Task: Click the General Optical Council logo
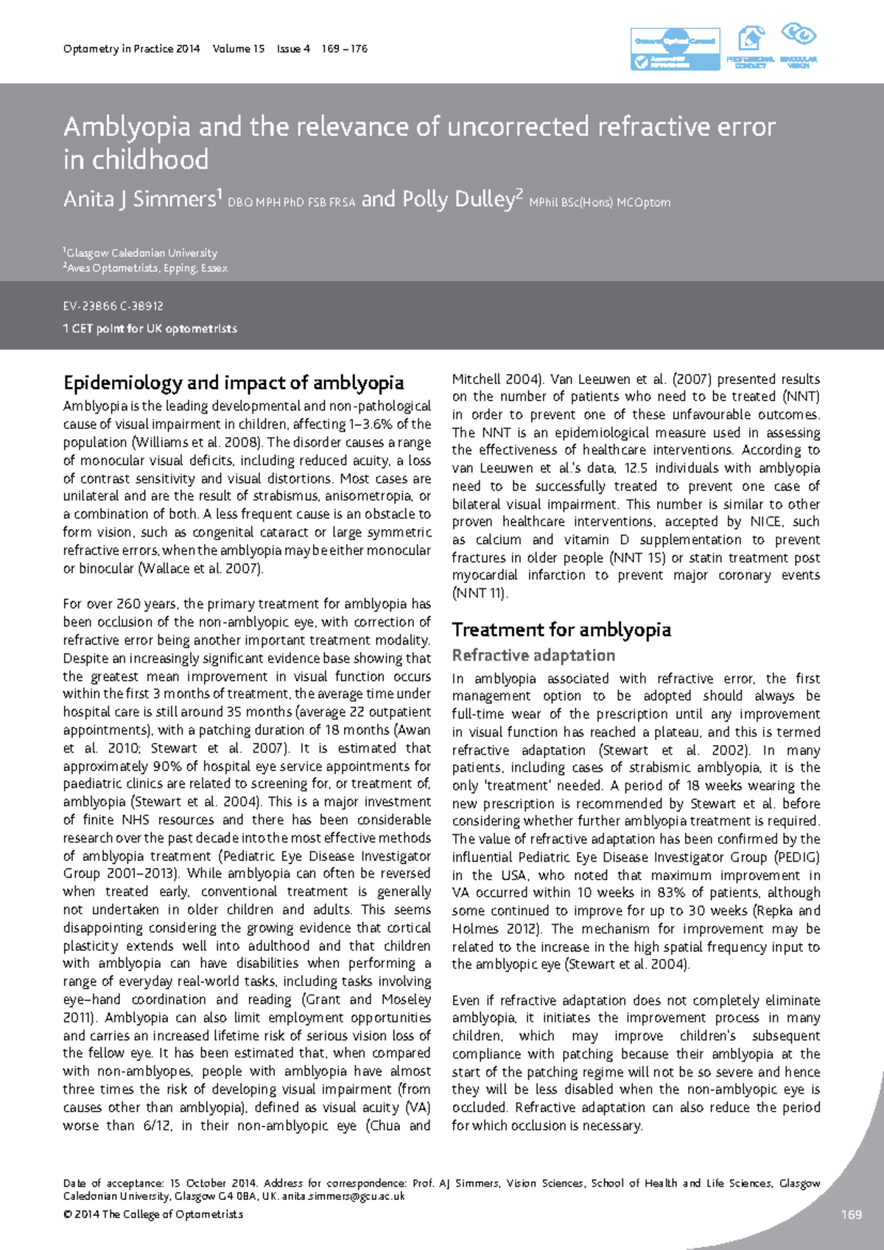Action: point(675,49)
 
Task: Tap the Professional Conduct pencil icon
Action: point(751,38)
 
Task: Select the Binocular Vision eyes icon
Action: point(799,35)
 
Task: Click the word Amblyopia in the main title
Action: point(127,127)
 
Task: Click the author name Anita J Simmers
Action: point(140,200)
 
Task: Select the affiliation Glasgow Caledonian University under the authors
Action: point(141,253)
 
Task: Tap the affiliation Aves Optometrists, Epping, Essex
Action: point(147,268)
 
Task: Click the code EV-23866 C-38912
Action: point(113,306)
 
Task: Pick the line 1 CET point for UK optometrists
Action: point(150,329)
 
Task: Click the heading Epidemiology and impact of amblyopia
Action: point(234,383)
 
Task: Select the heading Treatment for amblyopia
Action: point(561,629)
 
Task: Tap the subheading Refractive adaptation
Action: point(533,655)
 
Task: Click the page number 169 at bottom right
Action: point(851,1215)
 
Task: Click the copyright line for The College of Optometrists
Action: point(153,1214)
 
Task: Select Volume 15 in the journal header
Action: point(238,49)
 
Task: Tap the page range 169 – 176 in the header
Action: point(344,49)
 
